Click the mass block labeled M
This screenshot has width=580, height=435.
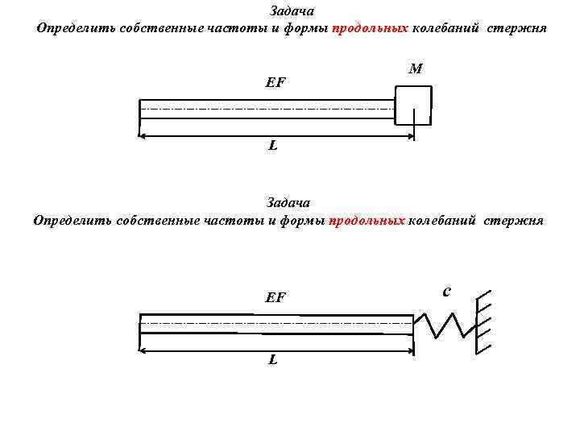(412, 105)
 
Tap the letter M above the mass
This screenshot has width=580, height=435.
(416, 69)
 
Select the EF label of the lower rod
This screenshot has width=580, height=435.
(275, 297)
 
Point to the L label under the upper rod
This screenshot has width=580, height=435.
(273, 146)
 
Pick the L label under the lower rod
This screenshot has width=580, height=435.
(273, 359)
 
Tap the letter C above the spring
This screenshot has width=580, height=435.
(447, 290)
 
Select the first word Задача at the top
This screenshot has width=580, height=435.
(292, 11)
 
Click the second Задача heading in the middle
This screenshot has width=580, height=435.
(288, 202)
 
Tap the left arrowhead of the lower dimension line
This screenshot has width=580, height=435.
(144, 350)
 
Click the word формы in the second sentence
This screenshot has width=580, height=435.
(303, 220)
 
